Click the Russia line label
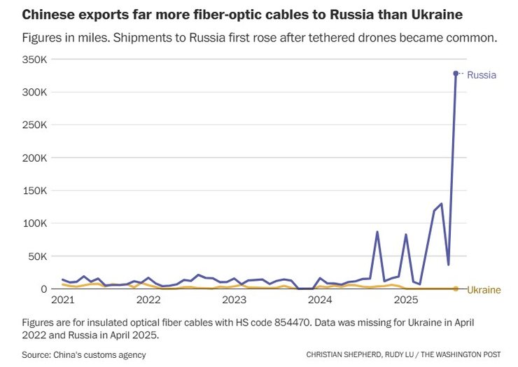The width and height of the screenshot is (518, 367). pos(482,74)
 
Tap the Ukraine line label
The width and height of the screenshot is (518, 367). pos(484,289)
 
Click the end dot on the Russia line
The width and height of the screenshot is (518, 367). pos(456,73)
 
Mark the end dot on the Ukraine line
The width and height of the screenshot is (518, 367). pos(456,289)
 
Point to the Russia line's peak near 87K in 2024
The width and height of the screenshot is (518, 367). pos(377,232)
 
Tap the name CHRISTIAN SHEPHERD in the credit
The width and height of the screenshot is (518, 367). pos(342,355)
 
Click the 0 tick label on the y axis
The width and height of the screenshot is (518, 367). pos(43,289)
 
